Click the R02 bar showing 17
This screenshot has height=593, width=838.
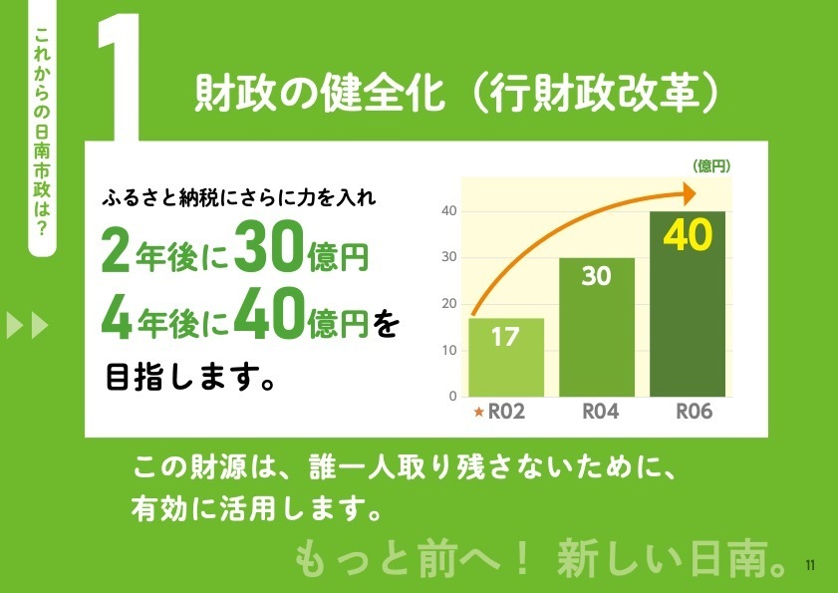(506, 357)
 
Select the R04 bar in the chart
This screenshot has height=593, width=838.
(597, 327)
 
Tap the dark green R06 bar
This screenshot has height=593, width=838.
(688, 304)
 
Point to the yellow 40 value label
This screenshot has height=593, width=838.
(688, 235)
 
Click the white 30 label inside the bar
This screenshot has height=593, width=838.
(597, 276)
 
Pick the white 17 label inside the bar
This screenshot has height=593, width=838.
(505, 337)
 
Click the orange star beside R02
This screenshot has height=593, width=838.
(479, 412)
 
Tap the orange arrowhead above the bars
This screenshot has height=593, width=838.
(690, 193)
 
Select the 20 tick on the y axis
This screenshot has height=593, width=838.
(449, 304)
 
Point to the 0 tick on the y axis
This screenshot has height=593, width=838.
(453, 397)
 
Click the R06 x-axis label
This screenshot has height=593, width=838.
(695, 412)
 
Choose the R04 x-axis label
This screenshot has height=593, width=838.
(600, 412)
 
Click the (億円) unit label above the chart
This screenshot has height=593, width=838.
(711, 166)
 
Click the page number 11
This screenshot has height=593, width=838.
(810, 565)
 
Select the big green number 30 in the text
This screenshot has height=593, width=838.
(269, 246)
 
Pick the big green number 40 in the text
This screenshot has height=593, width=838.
(270, 314)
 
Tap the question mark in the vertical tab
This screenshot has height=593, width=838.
(42, 229)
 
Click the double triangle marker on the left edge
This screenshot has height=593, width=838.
(27, 325)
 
